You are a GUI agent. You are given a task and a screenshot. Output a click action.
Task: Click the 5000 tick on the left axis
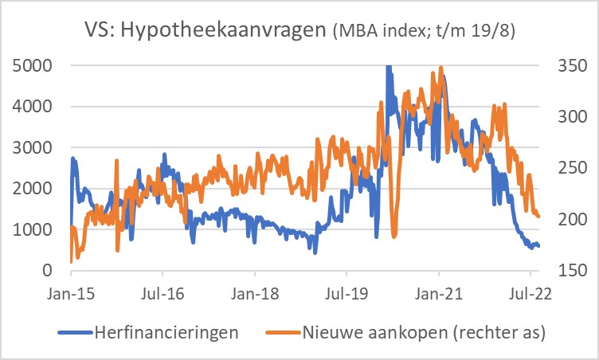[x=34, y=65]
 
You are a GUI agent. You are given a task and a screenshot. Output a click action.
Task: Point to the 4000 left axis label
[x=34, y=106]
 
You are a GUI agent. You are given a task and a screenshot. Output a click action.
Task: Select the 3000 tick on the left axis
[x=34, y=147]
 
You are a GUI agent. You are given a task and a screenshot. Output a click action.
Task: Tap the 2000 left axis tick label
[x=34, y=189]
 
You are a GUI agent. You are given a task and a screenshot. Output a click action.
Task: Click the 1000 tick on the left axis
[x=34, y=230]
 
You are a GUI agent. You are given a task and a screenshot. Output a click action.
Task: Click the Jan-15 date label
[x=70, y=292]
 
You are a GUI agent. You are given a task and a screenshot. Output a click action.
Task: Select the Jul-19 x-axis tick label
[x=346, y=292]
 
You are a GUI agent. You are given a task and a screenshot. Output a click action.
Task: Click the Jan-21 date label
[x=440, y=292]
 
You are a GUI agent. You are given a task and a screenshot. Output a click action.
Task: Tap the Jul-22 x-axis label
[x=530, y=292]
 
